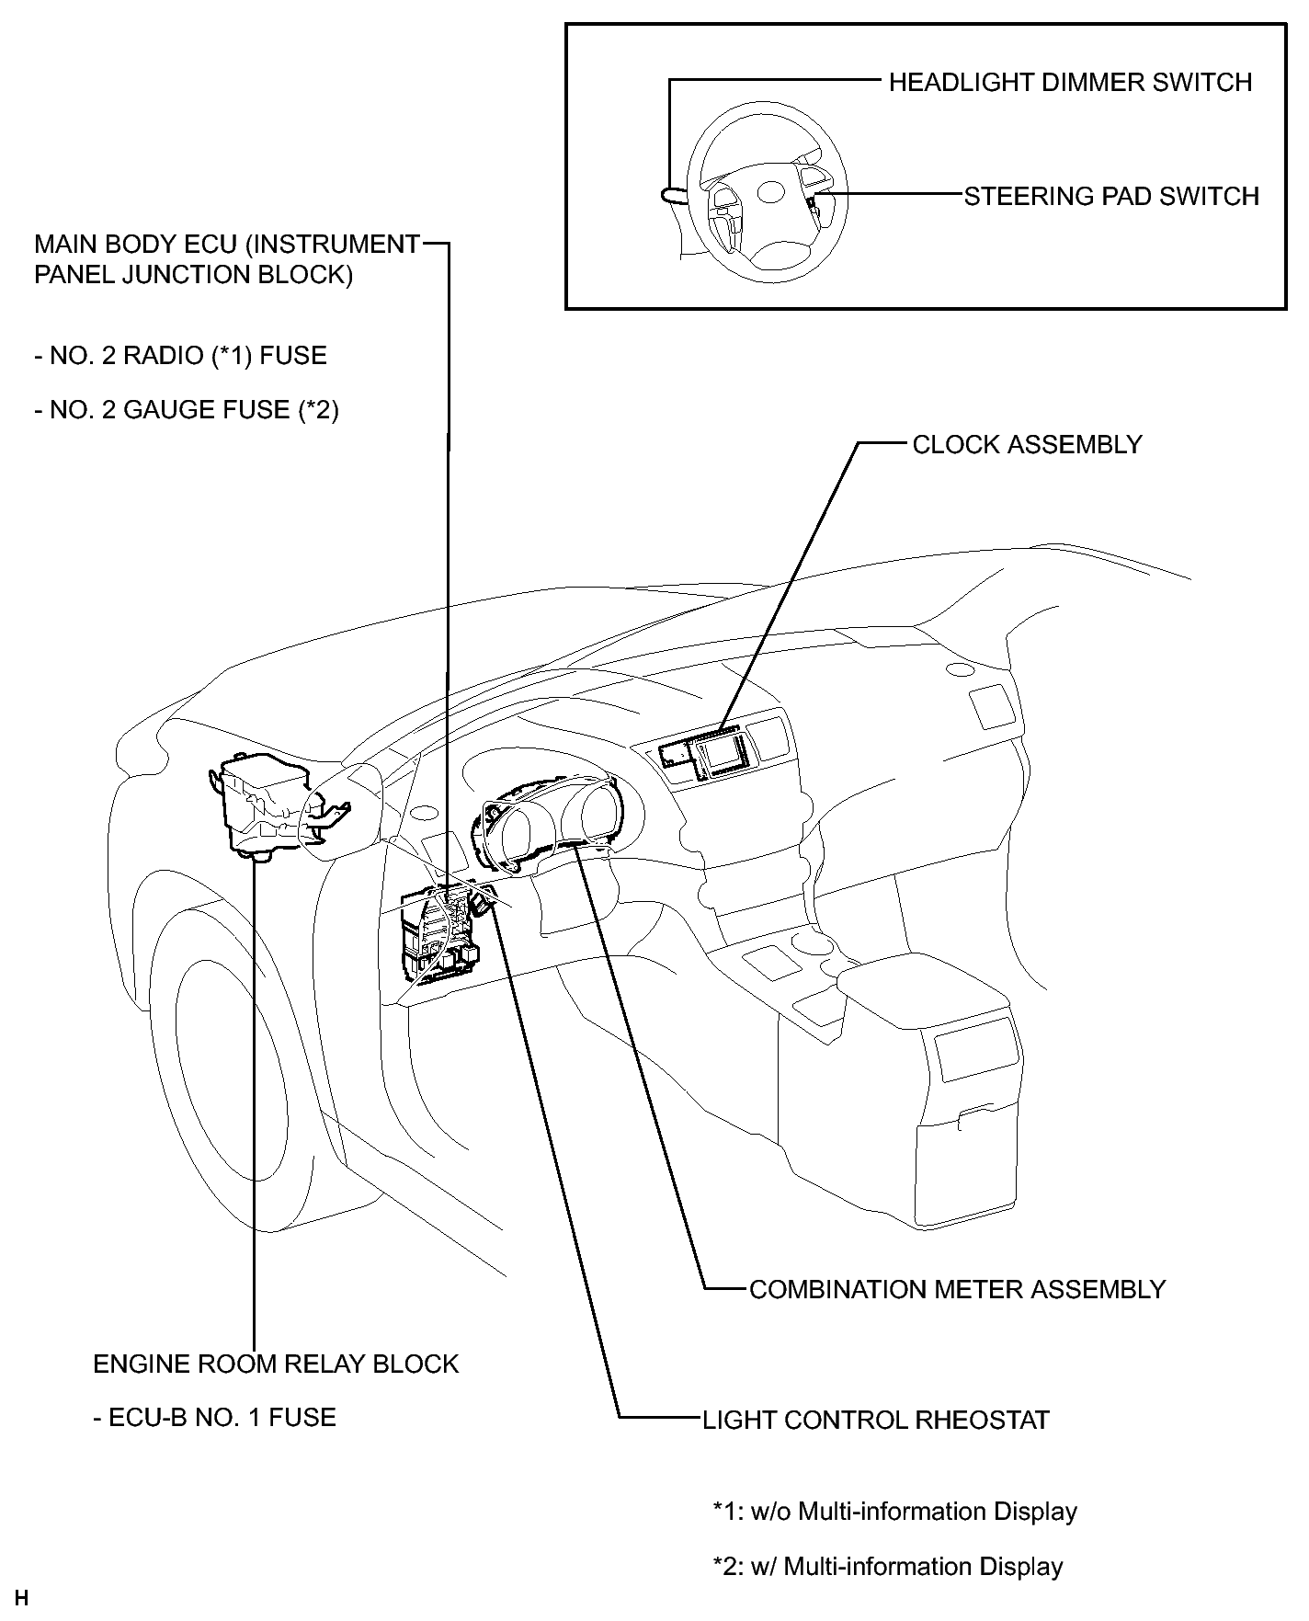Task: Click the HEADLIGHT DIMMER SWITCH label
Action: (x=1070, y=83)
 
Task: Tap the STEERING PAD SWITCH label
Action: (x=1111, y=197)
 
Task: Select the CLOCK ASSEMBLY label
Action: (x=1027, y=445)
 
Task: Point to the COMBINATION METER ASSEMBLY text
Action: (x=957, y=1289)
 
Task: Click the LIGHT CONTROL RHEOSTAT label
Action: (x=875, y=1421)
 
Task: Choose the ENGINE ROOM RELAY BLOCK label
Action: (x=276, y=1364)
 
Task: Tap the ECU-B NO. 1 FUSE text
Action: (x=214, y=1417)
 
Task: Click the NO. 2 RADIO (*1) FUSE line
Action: (x=180, y=356)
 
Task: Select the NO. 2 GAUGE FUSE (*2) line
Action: (x=187, y=409)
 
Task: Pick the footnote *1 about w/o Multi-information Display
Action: (x=894, y=1512)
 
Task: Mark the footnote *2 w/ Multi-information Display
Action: (x=888, y=1566)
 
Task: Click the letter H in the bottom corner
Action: (x=22, y=1599)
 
